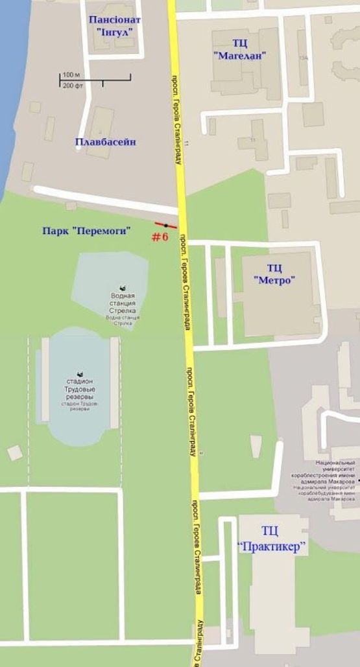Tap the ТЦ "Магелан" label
click(x=240, y=47)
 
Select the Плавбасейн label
click(x=105, y=142)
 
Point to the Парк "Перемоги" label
click(x=87, y=230)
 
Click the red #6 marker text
click(x=160, y=237)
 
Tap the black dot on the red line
click(x=166, y=225)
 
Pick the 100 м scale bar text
click(x=69, y=75)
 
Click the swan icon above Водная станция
click(x=122, y=287)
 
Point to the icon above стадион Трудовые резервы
click(x=80, y=374)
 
